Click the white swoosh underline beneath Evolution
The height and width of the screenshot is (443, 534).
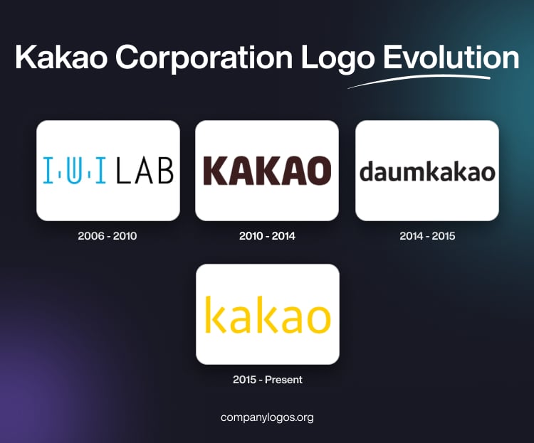(420, 80)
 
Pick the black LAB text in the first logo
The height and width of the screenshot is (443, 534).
(145, 171)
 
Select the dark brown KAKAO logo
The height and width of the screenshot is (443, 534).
(267, 171)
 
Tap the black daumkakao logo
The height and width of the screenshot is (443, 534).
(427, 171)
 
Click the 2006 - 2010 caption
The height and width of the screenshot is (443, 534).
(108, 236)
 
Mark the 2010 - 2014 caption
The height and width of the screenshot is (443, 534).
(267, 236)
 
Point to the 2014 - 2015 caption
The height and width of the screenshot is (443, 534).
(427, 236)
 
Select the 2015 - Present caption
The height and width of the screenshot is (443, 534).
(267, 380)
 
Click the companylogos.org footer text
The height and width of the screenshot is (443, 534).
(267, 417)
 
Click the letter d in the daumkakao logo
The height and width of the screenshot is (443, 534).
(367, 171)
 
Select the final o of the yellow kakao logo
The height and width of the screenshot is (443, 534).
(316, 319)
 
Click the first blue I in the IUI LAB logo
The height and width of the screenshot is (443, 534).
(47, 171)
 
